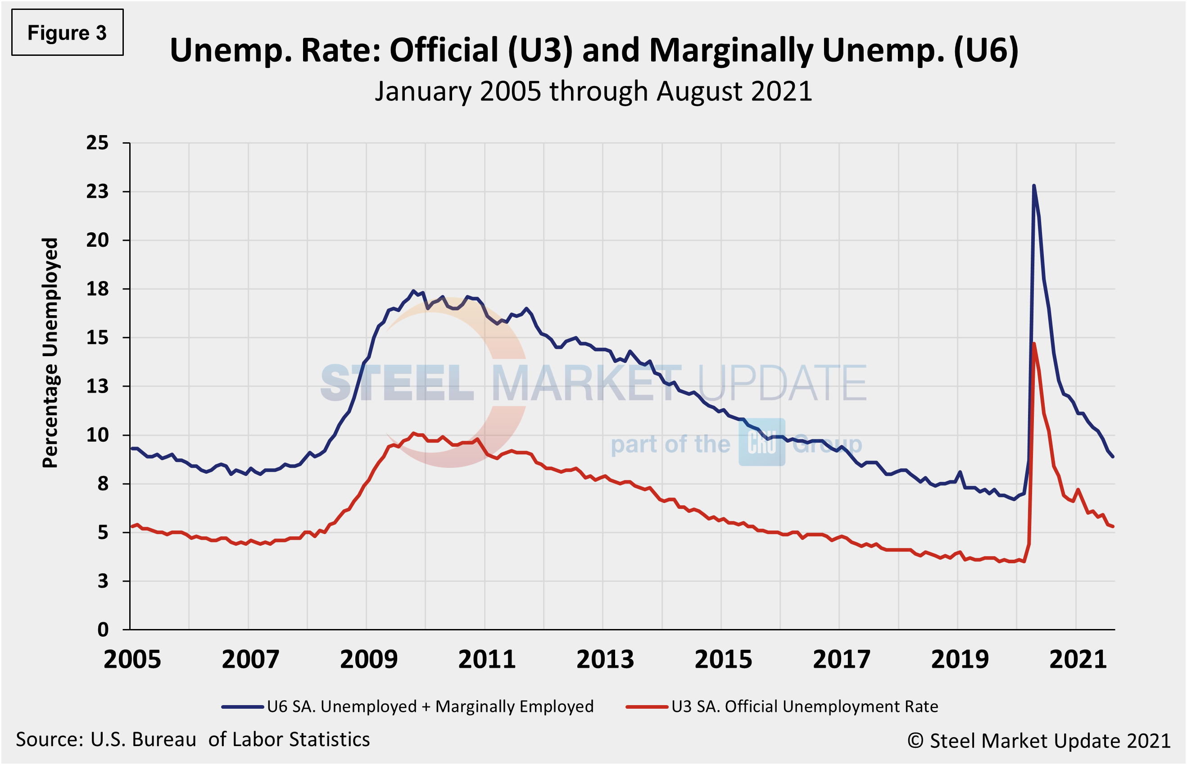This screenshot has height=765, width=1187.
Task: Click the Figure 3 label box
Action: pyautogui.click(x=67, y=33)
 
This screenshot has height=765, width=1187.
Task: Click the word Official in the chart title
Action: pyautogui.click(x=444, y=51)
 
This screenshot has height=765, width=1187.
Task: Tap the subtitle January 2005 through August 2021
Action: pyautogui.click(x=593, y=92)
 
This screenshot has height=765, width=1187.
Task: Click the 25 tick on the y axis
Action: pyautogui.click(x=97, y=143)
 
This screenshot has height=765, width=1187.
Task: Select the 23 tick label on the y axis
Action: pyautogui.click(x=97, y=192)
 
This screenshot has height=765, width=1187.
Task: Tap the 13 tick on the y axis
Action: pyautogui.click(x=97, y=386)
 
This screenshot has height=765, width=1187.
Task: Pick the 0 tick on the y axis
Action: pyautogui.click(x=103, y=630)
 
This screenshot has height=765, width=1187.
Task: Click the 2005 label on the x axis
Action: pyautogui.click(x=132, y=660)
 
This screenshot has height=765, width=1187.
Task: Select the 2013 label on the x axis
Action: pyautogui.click(x=605, y=660)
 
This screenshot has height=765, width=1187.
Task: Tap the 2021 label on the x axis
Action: pyautogui.click(x=1078, y=660)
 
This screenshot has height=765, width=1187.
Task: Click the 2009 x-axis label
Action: pyautogui.click(x=368, y=660)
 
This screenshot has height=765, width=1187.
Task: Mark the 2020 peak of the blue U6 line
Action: pyautogui.click(x=1033, y=186)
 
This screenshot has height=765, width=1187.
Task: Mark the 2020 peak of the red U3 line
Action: pyautogui.click(x=1033, y=344)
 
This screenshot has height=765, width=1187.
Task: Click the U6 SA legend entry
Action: pyautogui.click(x=407, y=706)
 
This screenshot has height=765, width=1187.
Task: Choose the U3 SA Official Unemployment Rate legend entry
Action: pyautogui.click(x=782, y=706)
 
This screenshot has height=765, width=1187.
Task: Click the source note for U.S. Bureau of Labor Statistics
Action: pyautogui.click(x=193, y=740)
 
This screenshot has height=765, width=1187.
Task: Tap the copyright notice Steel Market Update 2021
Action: pyautogui.click(x=1039, y=741)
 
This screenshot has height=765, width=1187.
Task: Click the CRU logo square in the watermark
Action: pyautogui.click(x=761, y=442)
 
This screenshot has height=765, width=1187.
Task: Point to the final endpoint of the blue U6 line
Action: pyautogui.click(x=1113, y=457)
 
